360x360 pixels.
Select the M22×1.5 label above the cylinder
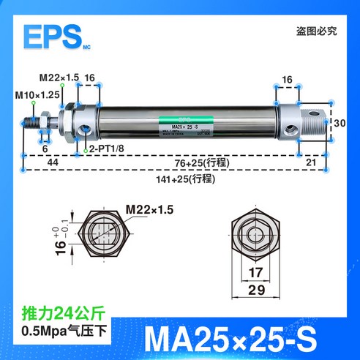point(59,78)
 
